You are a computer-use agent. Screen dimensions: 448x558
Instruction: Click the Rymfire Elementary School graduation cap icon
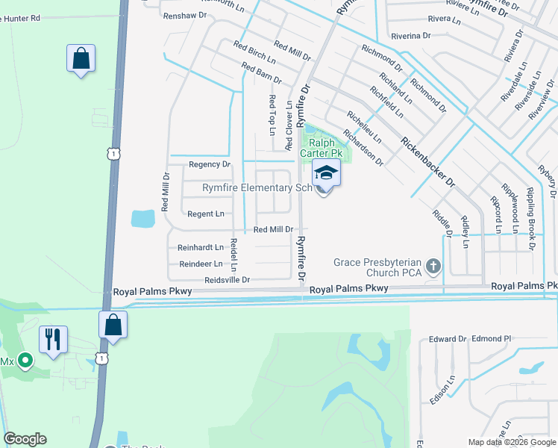(x=326, y=173)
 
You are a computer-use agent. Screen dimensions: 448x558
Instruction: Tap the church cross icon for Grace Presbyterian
(x=433, y=266)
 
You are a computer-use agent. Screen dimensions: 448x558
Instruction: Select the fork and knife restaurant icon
(x=52, y=340)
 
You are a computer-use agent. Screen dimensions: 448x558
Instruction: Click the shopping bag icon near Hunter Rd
(x=81, y=58)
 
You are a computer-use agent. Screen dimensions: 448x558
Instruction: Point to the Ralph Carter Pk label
(x=322, y=147)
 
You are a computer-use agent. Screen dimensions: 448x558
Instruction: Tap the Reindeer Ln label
(x=201, y=264)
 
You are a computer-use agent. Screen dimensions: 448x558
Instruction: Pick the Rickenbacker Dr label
(x=427, y=161)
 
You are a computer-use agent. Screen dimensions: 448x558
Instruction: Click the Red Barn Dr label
(x=262, y=73)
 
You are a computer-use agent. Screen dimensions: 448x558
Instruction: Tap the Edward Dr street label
(x=447, y=339)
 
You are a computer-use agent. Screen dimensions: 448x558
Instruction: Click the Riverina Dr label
(x=411, y=35)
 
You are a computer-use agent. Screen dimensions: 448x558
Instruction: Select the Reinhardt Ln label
(x=200, y=247)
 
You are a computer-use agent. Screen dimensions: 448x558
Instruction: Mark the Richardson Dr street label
(x=363, y=147)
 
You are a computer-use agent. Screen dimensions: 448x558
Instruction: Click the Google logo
(x=25, y=439)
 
